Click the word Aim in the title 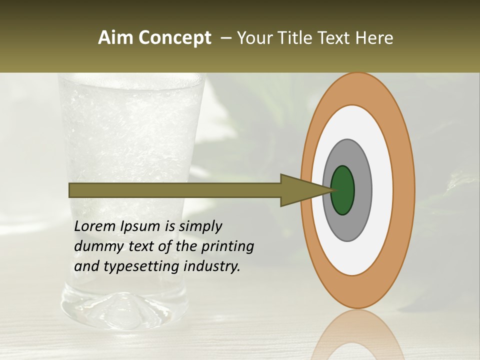point(115,38)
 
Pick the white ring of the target point(382,190)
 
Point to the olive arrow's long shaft point(175,190)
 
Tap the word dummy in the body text point(95,246)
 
